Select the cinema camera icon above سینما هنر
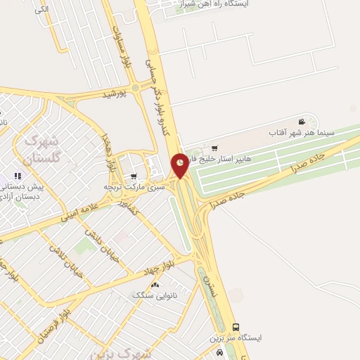tap(302, 122)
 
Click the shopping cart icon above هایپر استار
tap(214, 148)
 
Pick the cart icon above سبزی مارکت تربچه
tap(134, 176)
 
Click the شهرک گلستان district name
tap(41, 148)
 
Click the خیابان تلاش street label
tap(67, 259)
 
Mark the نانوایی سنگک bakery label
tap(148, 295)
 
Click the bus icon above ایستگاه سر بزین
tap(236, 328)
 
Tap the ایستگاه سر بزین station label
tap(235, 338)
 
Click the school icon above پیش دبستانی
tap(17, 176)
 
